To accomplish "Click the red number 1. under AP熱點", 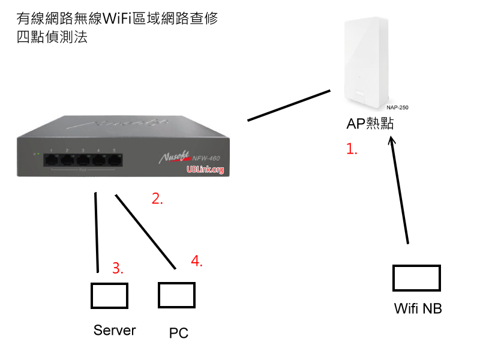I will tap(352, 149).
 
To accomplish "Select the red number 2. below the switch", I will tap(157, 199).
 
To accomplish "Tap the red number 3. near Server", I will tap(118, 268).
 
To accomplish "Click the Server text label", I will tap(115, 330).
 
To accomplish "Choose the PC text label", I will tap(179, 333).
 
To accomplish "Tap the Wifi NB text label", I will tap(418, 308).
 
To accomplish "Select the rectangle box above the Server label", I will tap(109, 295).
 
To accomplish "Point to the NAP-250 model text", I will tap(397, 108).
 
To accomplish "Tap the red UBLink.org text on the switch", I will tap(205, 170).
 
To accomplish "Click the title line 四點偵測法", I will tap(53, 37).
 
